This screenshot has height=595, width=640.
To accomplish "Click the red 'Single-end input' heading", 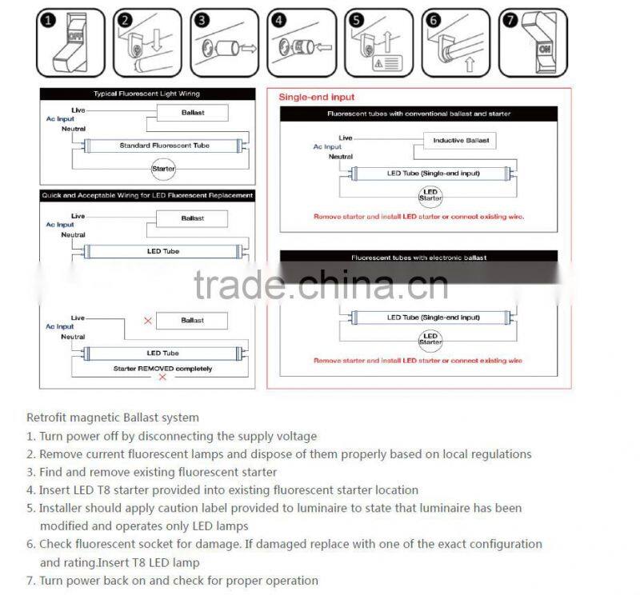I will tap(316, 97).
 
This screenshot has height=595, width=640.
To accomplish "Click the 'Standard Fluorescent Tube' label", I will tap(164, 146).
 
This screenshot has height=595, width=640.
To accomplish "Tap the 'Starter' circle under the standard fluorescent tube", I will tap(163, 169).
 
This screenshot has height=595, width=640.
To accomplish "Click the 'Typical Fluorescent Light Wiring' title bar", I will tap(147, 94).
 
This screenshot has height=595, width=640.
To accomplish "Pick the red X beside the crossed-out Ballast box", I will tap(147, 321).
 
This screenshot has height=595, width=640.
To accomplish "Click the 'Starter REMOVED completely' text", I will tap(163, 369).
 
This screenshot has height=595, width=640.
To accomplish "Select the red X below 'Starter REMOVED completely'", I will tap(162, 377).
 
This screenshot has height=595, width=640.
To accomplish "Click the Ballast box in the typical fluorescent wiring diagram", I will tap(192, 113).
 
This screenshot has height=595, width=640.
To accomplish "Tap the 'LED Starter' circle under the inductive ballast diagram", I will tap(430, 194).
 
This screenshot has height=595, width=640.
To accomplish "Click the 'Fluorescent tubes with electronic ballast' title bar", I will tap(419, 258).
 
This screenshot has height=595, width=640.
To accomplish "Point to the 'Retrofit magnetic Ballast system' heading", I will tap(113, 417).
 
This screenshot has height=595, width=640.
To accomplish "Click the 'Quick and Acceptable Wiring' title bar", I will tap(147, 195).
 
